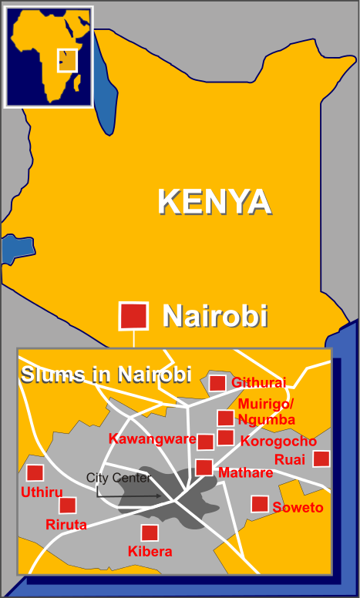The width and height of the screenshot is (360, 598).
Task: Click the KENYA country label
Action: [214, 202]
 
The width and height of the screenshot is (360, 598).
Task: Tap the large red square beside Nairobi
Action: [133, 315]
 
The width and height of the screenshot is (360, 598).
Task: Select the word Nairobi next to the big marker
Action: [214, 316]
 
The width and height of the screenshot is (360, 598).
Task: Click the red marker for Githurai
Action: [217, 383]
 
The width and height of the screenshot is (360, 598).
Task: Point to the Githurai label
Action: [258, 383]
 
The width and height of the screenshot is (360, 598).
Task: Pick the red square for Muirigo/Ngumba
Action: [225, 418]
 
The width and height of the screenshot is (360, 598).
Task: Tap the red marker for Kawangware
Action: [205, 442]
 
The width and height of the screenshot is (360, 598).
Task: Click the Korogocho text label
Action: [278, 442]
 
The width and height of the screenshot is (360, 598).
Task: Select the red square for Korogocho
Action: [225, 438]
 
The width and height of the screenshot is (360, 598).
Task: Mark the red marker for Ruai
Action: [321, 459]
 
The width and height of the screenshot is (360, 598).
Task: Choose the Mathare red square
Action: [204, 467]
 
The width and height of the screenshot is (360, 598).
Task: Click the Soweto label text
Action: [298, 508]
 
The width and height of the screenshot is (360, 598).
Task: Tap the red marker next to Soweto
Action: [260, 504]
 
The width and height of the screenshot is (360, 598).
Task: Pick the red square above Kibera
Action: [150, 532]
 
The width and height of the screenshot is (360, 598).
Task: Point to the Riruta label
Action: [66, 525]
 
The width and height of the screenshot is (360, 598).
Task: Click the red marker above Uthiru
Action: [35, 473]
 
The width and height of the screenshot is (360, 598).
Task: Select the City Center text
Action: [118, 478]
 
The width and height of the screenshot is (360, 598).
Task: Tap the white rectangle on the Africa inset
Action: [67, 60]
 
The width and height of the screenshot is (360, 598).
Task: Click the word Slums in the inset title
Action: [47, 375]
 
